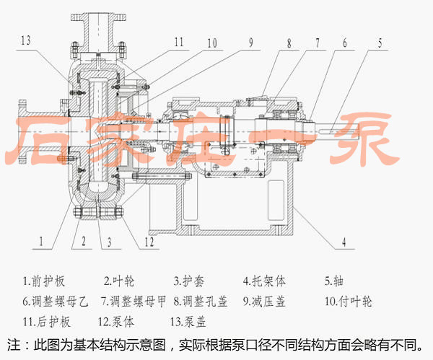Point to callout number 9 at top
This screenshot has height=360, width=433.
[250, 41]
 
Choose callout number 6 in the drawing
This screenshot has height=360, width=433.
[344, 42]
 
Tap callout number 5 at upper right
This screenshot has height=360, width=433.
[380, 41]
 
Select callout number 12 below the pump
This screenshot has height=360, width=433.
[149, 242]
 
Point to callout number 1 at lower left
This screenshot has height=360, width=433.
[43, 243]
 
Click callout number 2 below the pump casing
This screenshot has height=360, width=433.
[83, 243]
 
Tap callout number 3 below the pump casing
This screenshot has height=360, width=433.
[110, 243]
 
